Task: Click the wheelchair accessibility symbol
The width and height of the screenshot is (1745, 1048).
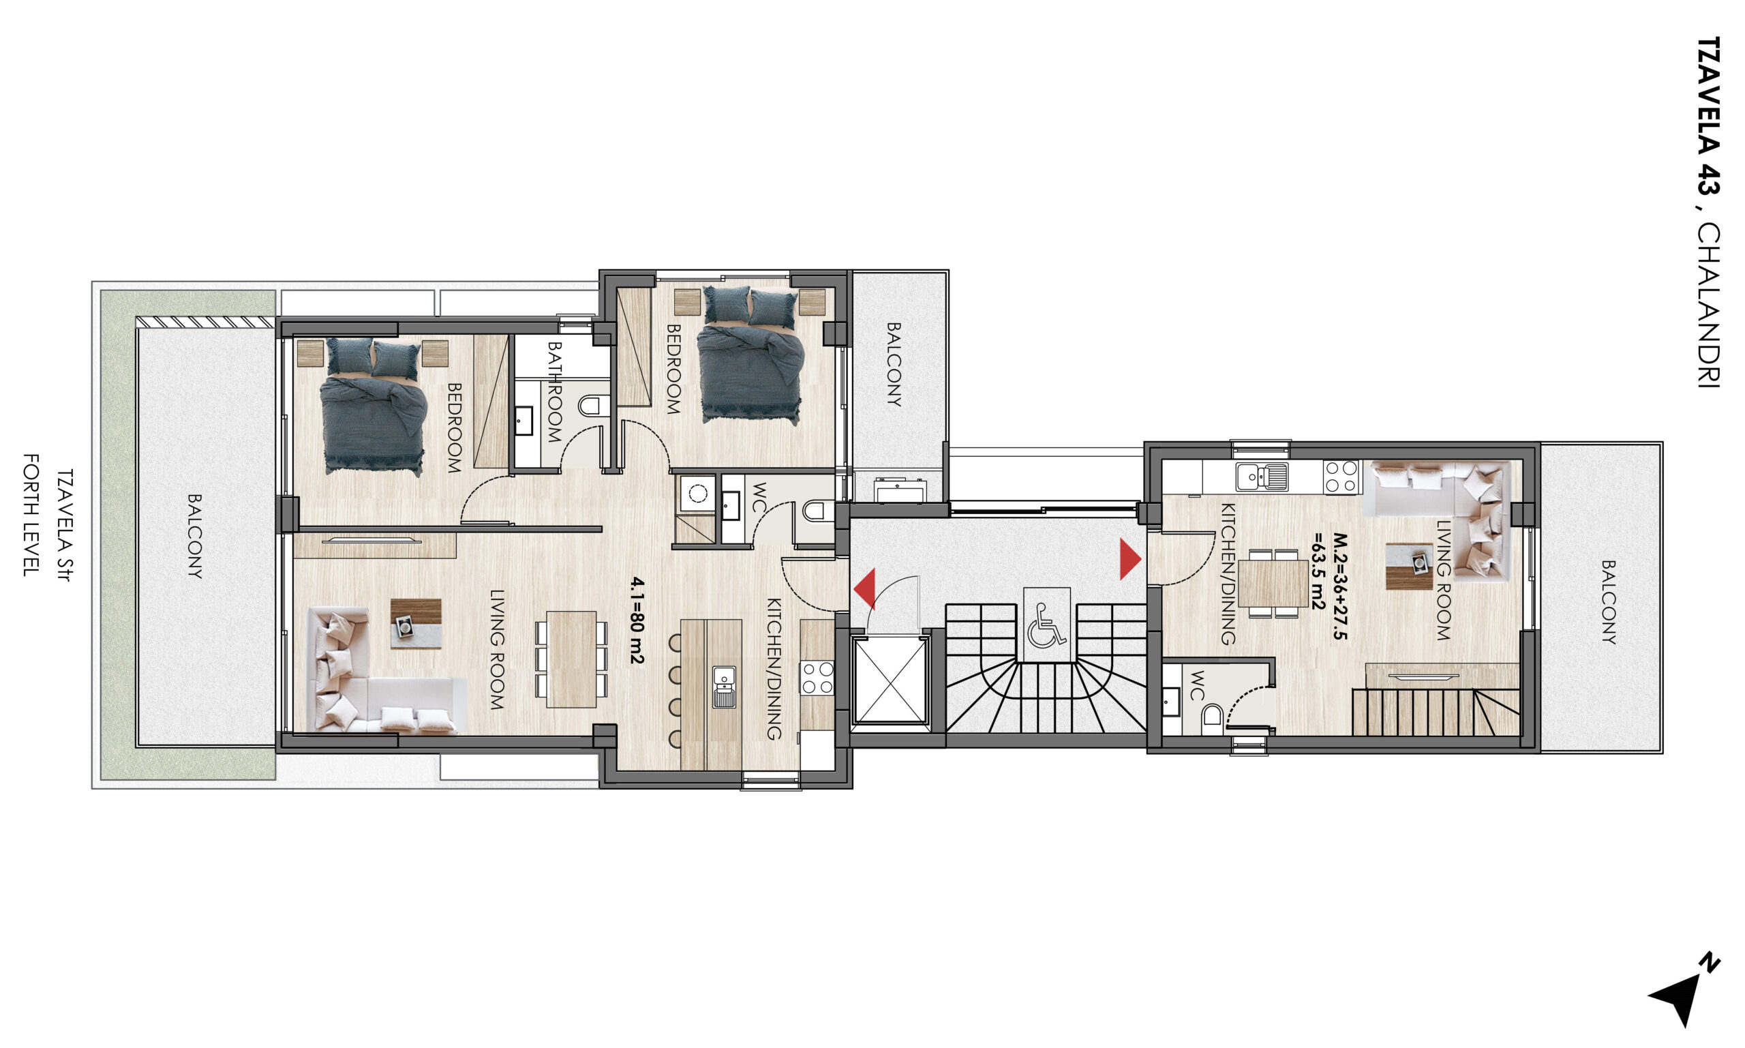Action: point(1046,625)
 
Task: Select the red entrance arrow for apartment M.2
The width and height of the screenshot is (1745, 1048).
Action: point(1130,559)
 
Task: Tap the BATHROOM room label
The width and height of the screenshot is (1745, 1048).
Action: point(554,392)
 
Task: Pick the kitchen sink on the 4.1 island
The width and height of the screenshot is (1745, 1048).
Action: point(723,687)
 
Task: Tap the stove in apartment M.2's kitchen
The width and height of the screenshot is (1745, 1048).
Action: point(1341,476)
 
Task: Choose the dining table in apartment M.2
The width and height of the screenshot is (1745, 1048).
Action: point(1273,584)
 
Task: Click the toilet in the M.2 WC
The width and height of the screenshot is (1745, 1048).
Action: point(1212,716)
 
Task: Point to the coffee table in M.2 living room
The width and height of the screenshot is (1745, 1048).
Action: point(1409,566)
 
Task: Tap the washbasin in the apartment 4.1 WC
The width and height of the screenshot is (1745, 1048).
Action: point(730,506)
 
